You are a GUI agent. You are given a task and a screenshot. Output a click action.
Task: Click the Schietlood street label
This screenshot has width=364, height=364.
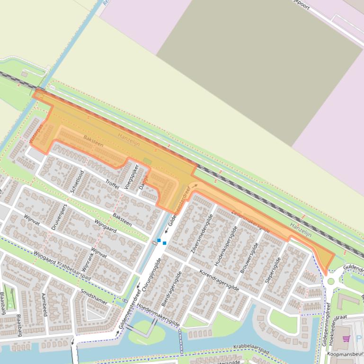pyautogui.click(x=78, y=182)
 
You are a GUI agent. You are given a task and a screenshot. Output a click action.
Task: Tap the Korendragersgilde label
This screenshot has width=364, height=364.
pyautogui.click(x=219, y=280)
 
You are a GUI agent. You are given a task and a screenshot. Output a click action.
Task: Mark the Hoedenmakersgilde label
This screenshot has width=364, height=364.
pyautogui.click(x=158, y=315)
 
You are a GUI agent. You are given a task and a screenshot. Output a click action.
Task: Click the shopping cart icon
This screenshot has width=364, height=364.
pyautogui.click(x=346, y=338)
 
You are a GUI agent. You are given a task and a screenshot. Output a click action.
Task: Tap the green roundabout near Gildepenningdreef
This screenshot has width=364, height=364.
pyautogui.click(x=331, y=281)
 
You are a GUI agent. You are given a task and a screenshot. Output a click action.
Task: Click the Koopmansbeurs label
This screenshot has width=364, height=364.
pyautogui.click(x=344, y=353)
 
